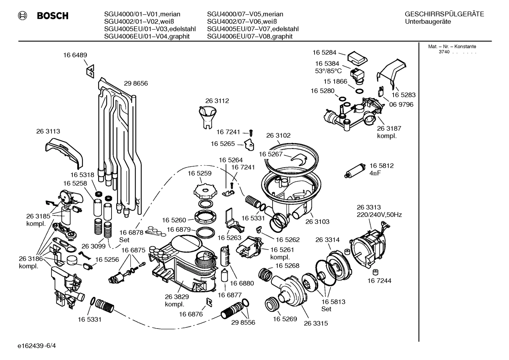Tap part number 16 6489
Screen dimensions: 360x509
tap(75, 55)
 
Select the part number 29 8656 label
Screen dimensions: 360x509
tap(136, 84)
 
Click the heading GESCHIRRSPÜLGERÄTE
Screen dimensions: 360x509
tap(444, 14)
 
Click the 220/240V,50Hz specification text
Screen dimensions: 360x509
tap(379, 215)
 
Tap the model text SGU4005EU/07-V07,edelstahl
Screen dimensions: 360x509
tap(253, 29)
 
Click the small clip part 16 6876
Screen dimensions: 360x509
tap(209, 301)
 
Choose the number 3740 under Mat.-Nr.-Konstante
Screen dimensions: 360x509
tap(444, 52)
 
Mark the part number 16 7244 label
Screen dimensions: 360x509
tap(379, 281)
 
